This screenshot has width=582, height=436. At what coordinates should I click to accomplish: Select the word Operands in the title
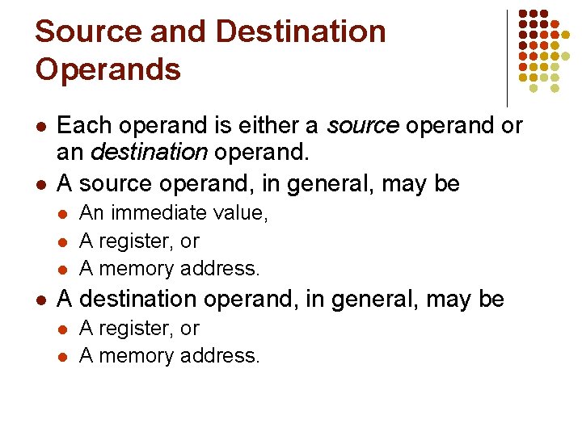(108, 69)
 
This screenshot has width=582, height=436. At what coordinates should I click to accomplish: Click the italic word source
(363, 127)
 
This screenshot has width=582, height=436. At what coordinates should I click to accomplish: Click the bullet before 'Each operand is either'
(40, 128)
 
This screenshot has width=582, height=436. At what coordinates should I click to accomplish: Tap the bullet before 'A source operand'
(40, 185)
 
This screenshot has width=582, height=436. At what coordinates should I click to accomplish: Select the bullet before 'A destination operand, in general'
(40, 300)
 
